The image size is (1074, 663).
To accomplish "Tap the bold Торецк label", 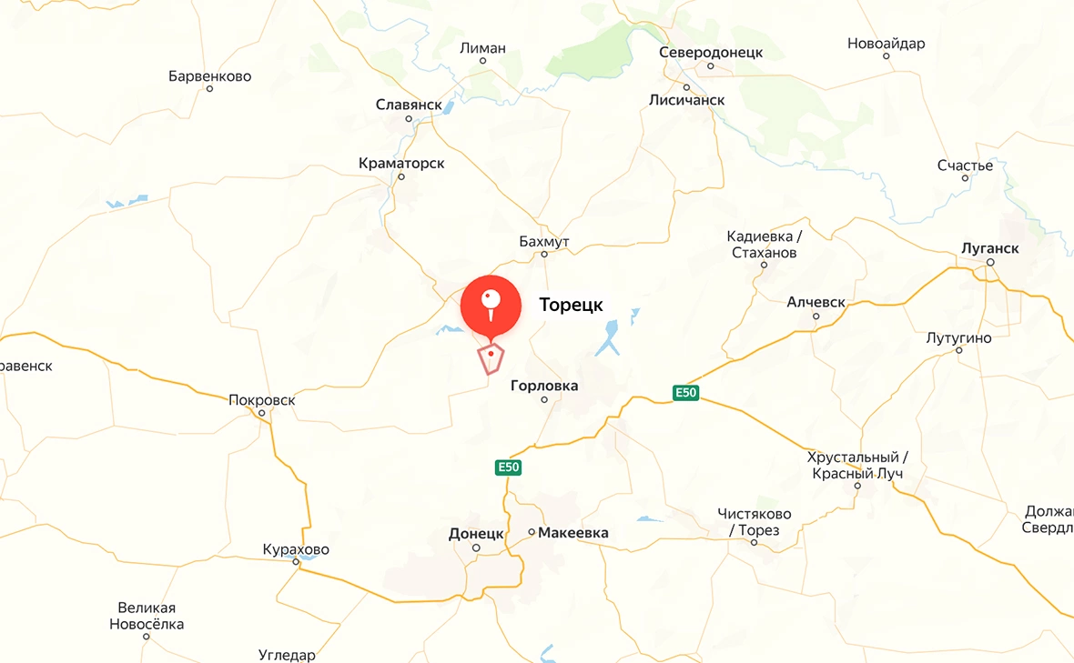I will coord(572,306).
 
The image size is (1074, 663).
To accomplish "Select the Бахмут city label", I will coord(543,241).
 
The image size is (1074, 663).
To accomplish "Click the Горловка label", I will coord(544,386).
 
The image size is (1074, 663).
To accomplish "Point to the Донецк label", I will coord(476,533).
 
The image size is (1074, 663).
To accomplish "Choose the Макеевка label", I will coord(573,533).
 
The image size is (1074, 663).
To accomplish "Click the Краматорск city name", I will coord(401,164).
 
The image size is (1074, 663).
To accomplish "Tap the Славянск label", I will coord(409,105).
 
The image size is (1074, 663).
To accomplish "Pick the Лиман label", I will coord(482,48).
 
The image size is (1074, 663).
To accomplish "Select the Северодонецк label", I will coord(711,53).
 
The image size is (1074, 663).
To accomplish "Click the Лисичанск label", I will coord(687,100).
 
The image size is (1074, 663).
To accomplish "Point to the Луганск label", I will coord(990,248).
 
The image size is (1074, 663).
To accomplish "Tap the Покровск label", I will coord(262,400).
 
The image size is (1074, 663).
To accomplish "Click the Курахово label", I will coord(296,550).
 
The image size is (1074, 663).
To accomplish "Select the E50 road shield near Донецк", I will coord(508,467).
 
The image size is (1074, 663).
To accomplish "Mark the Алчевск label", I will coord(816,302).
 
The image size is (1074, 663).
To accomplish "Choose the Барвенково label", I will coord(209,76).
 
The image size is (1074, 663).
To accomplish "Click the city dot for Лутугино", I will coord(958,350).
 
